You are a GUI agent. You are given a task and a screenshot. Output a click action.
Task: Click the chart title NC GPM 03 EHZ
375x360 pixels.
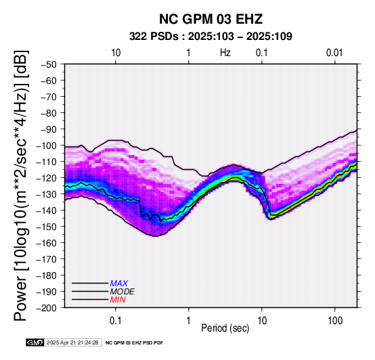pyautogui.click(x=211, y=19)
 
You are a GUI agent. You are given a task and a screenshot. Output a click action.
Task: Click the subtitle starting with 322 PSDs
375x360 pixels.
pyautogui.click(x=211, y=37)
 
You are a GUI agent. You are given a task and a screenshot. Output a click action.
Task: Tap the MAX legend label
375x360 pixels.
pyautogui.click(x=119, y=284)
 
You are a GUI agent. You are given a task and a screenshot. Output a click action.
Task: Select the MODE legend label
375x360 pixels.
pyautogui.click(x=123, y=292)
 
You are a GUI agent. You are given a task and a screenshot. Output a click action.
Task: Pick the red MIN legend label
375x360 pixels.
pyautogui.click(x=118, y=300)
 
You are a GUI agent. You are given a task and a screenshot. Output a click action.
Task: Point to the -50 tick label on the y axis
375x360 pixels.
pyautogui.click(x=49, y=64)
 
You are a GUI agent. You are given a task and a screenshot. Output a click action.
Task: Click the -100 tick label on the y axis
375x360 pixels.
pyautogui.click(x=47, y=145)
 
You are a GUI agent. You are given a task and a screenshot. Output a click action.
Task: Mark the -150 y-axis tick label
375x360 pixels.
pyautogui.click(x=47, y=227)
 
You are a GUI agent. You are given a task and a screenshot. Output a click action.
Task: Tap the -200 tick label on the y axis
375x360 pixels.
pyautogui.click(x=47, y=308)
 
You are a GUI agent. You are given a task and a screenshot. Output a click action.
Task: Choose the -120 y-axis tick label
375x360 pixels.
pyautogui.click(x=47, y=178)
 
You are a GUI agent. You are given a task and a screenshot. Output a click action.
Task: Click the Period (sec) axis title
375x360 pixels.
pyautogui.click(x=225, y=328)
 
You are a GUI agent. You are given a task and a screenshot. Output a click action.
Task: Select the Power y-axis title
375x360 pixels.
pyautogui.click(x=21, y=185)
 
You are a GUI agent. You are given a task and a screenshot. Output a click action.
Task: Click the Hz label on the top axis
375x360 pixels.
pyautogui.click(x=225, y=53)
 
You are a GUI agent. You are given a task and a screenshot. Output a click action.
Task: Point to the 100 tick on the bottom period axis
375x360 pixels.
pyautogui.click(x=335, y=321)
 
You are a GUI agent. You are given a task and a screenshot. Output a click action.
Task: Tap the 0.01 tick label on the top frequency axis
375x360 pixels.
pyautogui.click(x=334, y=53)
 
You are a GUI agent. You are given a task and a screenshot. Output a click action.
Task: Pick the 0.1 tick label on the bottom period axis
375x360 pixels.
pyautogui.click(x=116, y=321)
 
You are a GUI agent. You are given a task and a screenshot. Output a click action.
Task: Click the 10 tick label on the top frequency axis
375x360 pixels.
pyautogui.click(x=116, y=53)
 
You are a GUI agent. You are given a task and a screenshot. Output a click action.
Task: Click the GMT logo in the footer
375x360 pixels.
pyautogui.click(x=35, y=342)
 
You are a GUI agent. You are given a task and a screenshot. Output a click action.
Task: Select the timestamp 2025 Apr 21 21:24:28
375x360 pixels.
pyautogui.click(x=72, y=342)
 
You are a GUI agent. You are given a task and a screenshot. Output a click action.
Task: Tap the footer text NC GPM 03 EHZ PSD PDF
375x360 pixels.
pyautogui.click(x=134, y=343)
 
